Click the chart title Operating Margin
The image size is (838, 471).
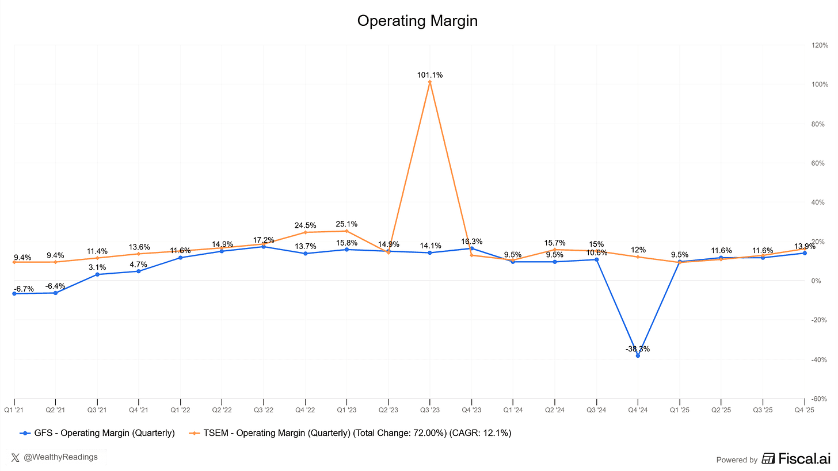[x=417, y=21]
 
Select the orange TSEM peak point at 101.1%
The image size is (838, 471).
[x=430, y=82]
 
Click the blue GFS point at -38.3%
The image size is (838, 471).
[x=638, y=355]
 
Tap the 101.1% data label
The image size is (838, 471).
[x=430, y=75]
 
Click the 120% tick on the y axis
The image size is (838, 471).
[x=820, y=45]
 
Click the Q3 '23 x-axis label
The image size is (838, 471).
[x=430, y=409]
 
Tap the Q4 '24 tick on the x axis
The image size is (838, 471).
[x=638, y=409]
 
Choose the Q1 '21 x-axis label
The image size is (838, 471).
[x=14, y=409]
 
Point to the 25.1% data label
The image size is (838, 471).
[x=346, y=224]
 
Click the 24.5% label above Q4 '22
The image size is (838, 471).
[x=305, y=225]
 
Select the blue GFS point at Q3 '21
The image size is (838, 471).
[x=97, y=274]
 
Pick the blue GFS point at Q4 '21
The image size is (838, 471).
[x=139, y=271]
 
